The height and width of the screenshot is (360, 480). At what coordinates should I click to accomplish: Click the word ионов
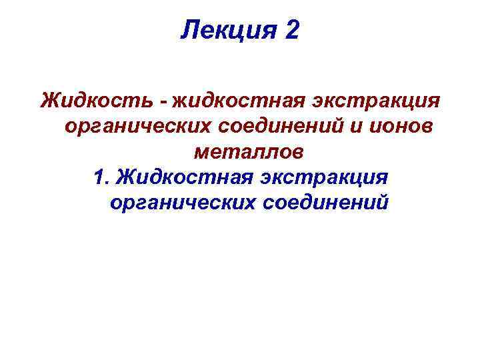(403, 127)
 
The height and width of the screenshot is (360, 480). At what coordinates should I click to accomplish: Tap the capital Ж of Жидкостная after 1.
(124, 177)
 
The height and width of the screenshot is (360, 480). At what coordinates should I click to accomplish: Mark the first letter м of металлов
(201, 153)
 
